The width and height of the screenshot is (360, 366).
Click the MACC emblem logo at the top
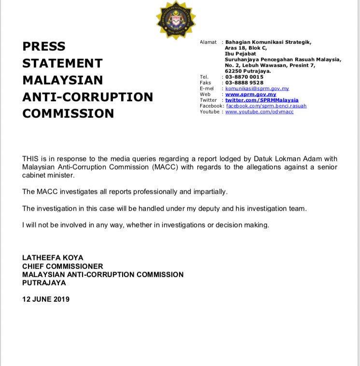click(x=176, y=19)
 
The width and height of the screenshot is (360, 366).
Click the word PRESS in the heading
click(x=44, y=46)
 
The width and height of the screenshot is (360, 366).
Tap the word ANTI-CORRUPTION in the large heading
click(x=88, y=97)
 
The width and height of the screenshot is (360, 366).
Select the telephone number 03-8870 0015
click(x=244, y=77)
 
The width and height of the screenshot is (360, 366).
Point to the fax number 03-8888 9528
click(x=244, y=83)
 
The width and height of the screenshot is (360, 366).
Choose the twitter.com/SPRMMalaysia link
click(x=262, y=100)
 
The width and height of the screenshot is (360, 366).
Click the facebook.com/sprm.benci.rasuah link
click(x=266, y=106)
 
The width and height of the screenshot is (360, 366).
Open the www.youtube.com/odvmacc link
click(x=259, y=112)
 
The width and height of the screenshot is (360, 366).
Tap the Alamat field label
click(x=208, y=42)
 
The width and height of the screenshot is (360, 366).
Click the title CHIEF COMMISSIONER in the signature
click(x=63, y=266)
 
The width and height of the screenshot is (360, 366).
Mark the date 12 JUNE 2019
click(x=46, y=299)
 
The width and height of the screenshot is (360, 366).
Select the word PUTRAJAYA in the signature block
click(x=44, y=282)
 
